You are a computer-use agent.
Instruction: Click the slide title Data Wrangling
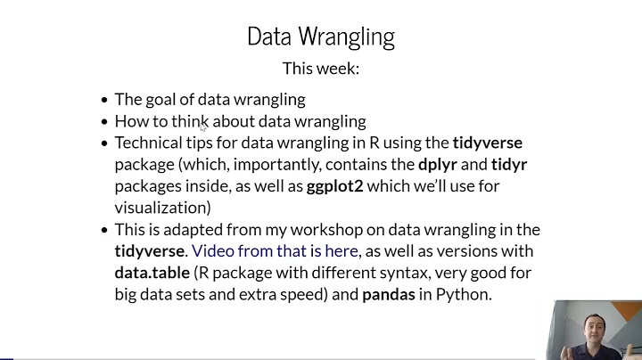click(320, 37)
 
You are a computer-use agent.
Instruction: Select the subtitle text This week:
click(320, 69)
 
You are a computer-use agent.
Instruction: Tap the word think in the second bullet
click(190, 121)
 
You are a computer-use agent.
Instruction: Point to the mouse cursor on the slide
click(203, 127)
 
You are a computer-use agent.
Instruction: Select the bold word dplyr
click(440, 164)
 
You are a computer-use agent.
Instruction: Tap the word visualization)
click(162, 208)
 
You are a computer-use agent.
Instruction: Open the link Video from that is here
click(275, 251)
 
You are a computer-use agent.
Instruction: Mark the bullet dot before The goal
click(104, 100)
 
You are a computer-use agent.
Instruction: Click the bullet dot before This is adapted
click(104, 230)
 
